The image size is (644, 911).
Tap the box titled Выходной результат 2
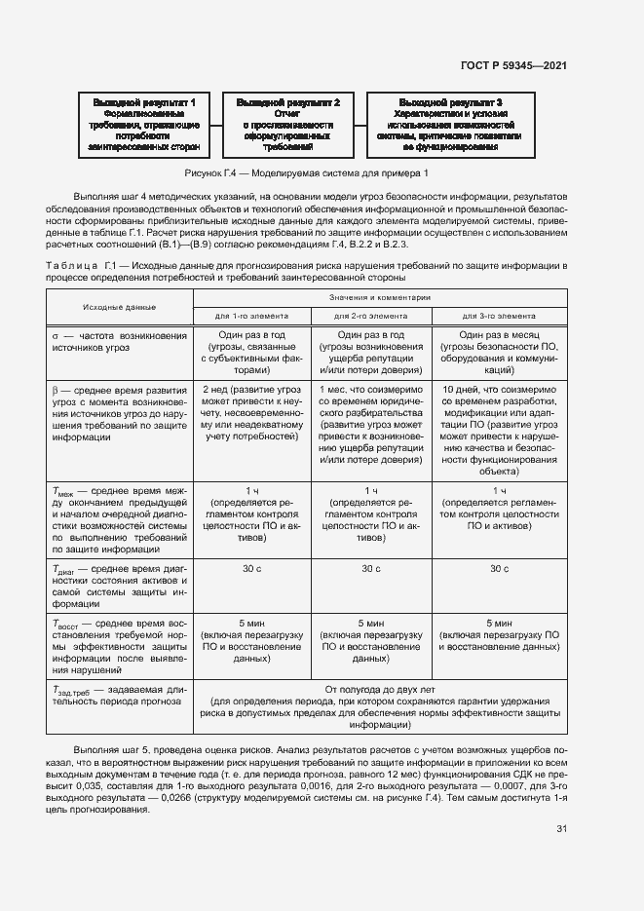pos(287,124)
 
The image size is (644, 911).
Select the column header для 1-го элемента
pos(251,316)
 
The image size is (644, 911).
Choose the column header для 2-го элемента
pos(371,316)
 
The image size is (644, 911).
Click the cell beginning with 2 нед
pos(251,411)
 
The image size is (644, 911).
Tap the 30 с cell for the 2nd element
pos(371,568)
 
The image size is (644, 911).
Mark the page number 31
pos(561,829)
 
